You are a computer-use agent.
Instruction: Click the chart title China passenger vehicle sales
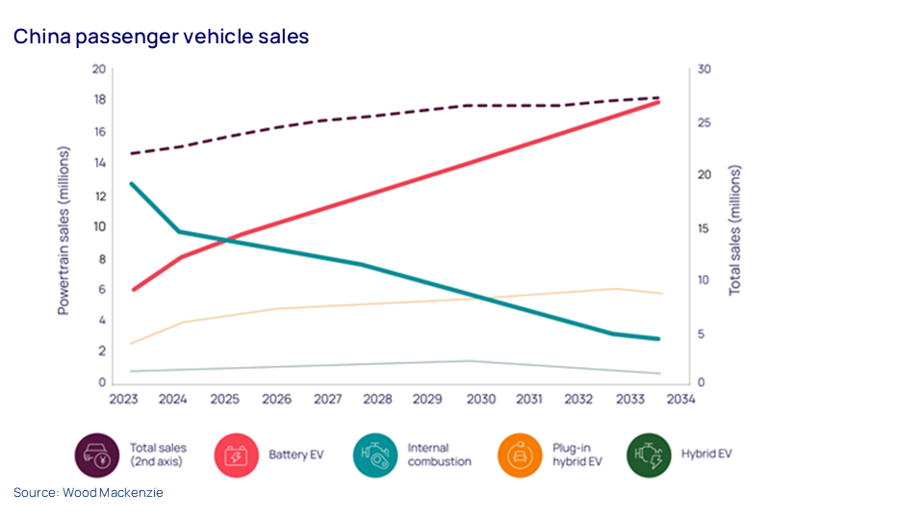(x=161, y=37)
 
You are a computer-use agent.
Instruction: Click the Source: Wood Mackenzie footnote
(x=89, y=492)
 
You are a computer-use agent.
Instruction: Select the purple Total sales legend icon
(x=97, y=455)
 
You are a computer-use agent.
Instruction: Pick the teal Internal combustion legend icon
(x=376, y=455)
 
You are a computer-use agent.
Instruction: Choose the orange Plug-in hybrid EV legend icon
(x=521, y=455)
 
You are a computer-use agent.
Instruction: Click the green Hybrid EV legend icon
(x=650, y=455)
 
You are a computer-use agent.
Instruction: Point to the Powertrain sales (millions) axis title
(x=64, y=231)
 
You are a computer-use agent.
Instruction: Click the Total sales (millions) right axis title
(x=735, y=230)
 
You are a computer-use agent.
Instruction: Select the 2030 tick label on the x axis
(x=480, y=399)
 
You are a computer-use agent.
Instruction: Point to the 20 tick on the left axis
(x=98, y=69)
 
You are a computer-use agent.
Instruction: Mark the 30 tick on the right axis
(x=705, y=69)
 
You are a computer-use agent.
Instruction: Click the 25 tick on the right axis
(x=705, y=122)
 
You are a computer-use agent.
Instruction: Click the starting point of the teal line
(x=133, y=183)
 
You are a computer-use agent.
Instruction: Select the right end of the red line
(x=659, y=101)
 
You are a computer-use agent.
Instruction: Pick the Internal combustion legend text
(x=439, y=455)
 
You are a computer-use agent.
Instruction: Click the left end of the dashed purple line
(x=133, y=154)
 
